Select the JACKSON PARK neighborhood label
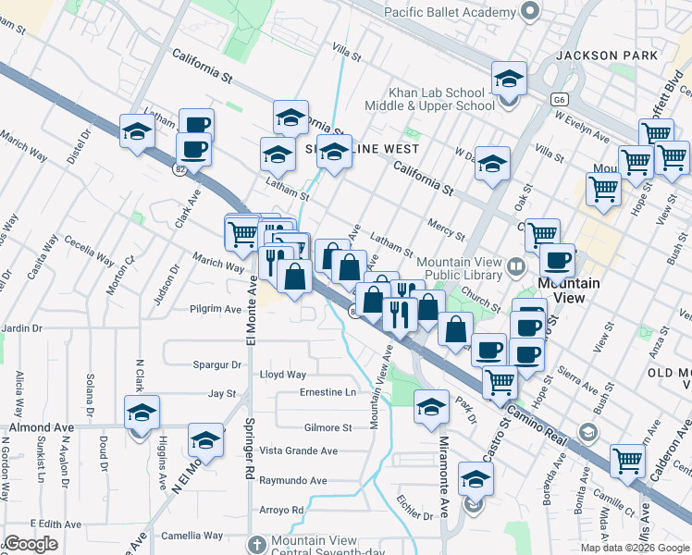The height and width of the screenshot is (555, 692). [x=607, y=55]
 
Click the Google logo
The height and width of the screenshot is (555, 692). [x=31, y=543]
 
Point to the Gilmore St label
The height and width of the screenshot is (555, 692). [x=328, y=427]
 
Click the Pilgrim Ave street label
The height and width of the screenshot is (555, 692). [x=215, y=308]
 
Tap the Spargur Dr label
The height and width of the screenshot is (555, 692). [x=216, y=365]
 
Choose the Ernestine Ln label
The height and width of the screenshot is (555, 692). [x=327, y=393]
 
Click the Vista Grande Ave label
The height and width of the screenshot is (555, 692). [x=299, y=450]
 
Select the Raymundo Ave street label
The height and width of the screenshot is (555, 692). [x=292, y=481]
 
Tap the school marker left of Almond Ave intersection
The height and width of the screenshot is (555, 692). [x=142, y=413]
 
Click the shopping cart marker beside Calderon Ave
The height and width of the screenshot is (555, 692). [x=627, y=460]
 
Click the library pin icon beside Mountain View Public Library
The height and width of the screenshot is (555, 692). [x=517, y=266]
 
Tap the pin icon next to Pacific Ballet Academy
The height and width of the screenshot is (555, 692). [x=529, y=12]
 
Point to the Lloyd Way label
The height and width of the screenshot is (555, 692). [x=282, y=375]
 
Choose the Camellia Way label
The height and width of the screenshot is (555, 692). [x=192, y=536]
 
